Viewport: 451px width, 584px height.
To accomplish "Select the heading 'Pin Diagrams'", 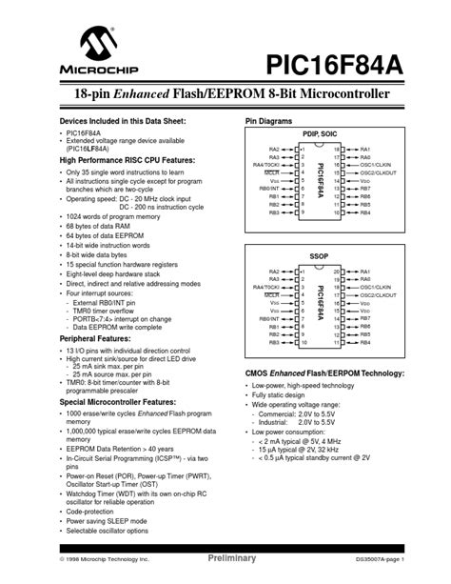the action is tap(269, 122).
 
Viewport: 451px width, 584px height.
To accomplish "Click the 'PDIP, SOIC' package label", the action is tap(320, 135).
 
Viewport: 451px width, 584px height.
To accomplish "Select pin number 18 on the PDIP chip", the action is tap(337, 150).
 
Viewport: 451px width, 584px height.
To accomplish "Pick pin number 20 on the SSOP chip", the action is tap(337, 272).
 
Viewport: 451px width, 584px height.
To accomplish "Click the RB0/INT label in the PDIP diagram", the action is tap(269, 189).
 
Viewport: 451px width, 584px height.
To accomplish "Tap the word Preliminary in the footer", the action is tap(232, 558).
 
